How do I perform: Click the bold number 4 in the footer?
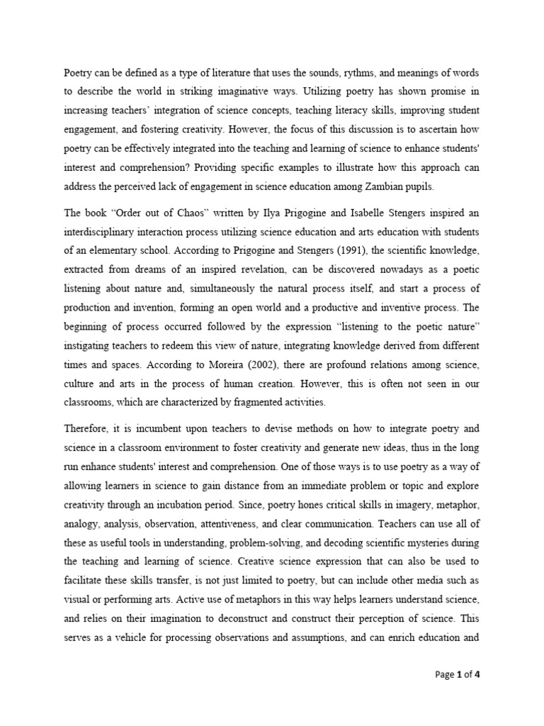point(477,674)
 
